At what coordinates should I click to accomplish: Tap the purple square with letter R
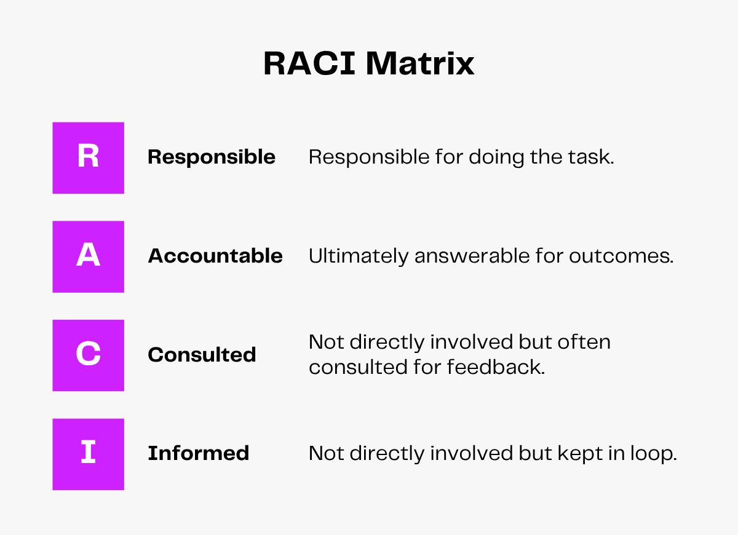pyautogui.click(x=89, y=158)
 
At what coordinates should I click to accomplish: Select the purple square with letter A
pyautogui.click(x=89, y=256)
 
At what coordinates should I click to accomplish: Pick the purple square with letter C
pyautogui.click(x=89, y=355)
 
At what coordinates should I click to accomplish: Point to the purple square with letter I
pyautogui.click(x=89, y=454)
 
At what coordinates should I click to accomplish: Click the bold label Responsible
pyautogui.click(x=212, y=157)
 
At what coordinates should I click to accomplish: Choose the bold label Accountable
pyautogui.click(x=215, y=256)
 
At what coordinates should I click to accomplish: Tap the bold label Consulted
pyautogui.click(x=202, y=355)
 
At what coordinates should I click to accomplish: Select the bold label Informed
pyautogui.click(x=198, y=453)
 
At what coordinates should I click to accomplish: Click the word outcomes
pyautogui.click(x=621, y=256)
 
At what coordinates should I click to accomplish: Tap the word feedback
pyautogui.click(x=496, y=367)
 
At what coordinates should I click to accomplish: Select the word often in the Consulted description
pyautogui.click(x=584, y=342)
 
